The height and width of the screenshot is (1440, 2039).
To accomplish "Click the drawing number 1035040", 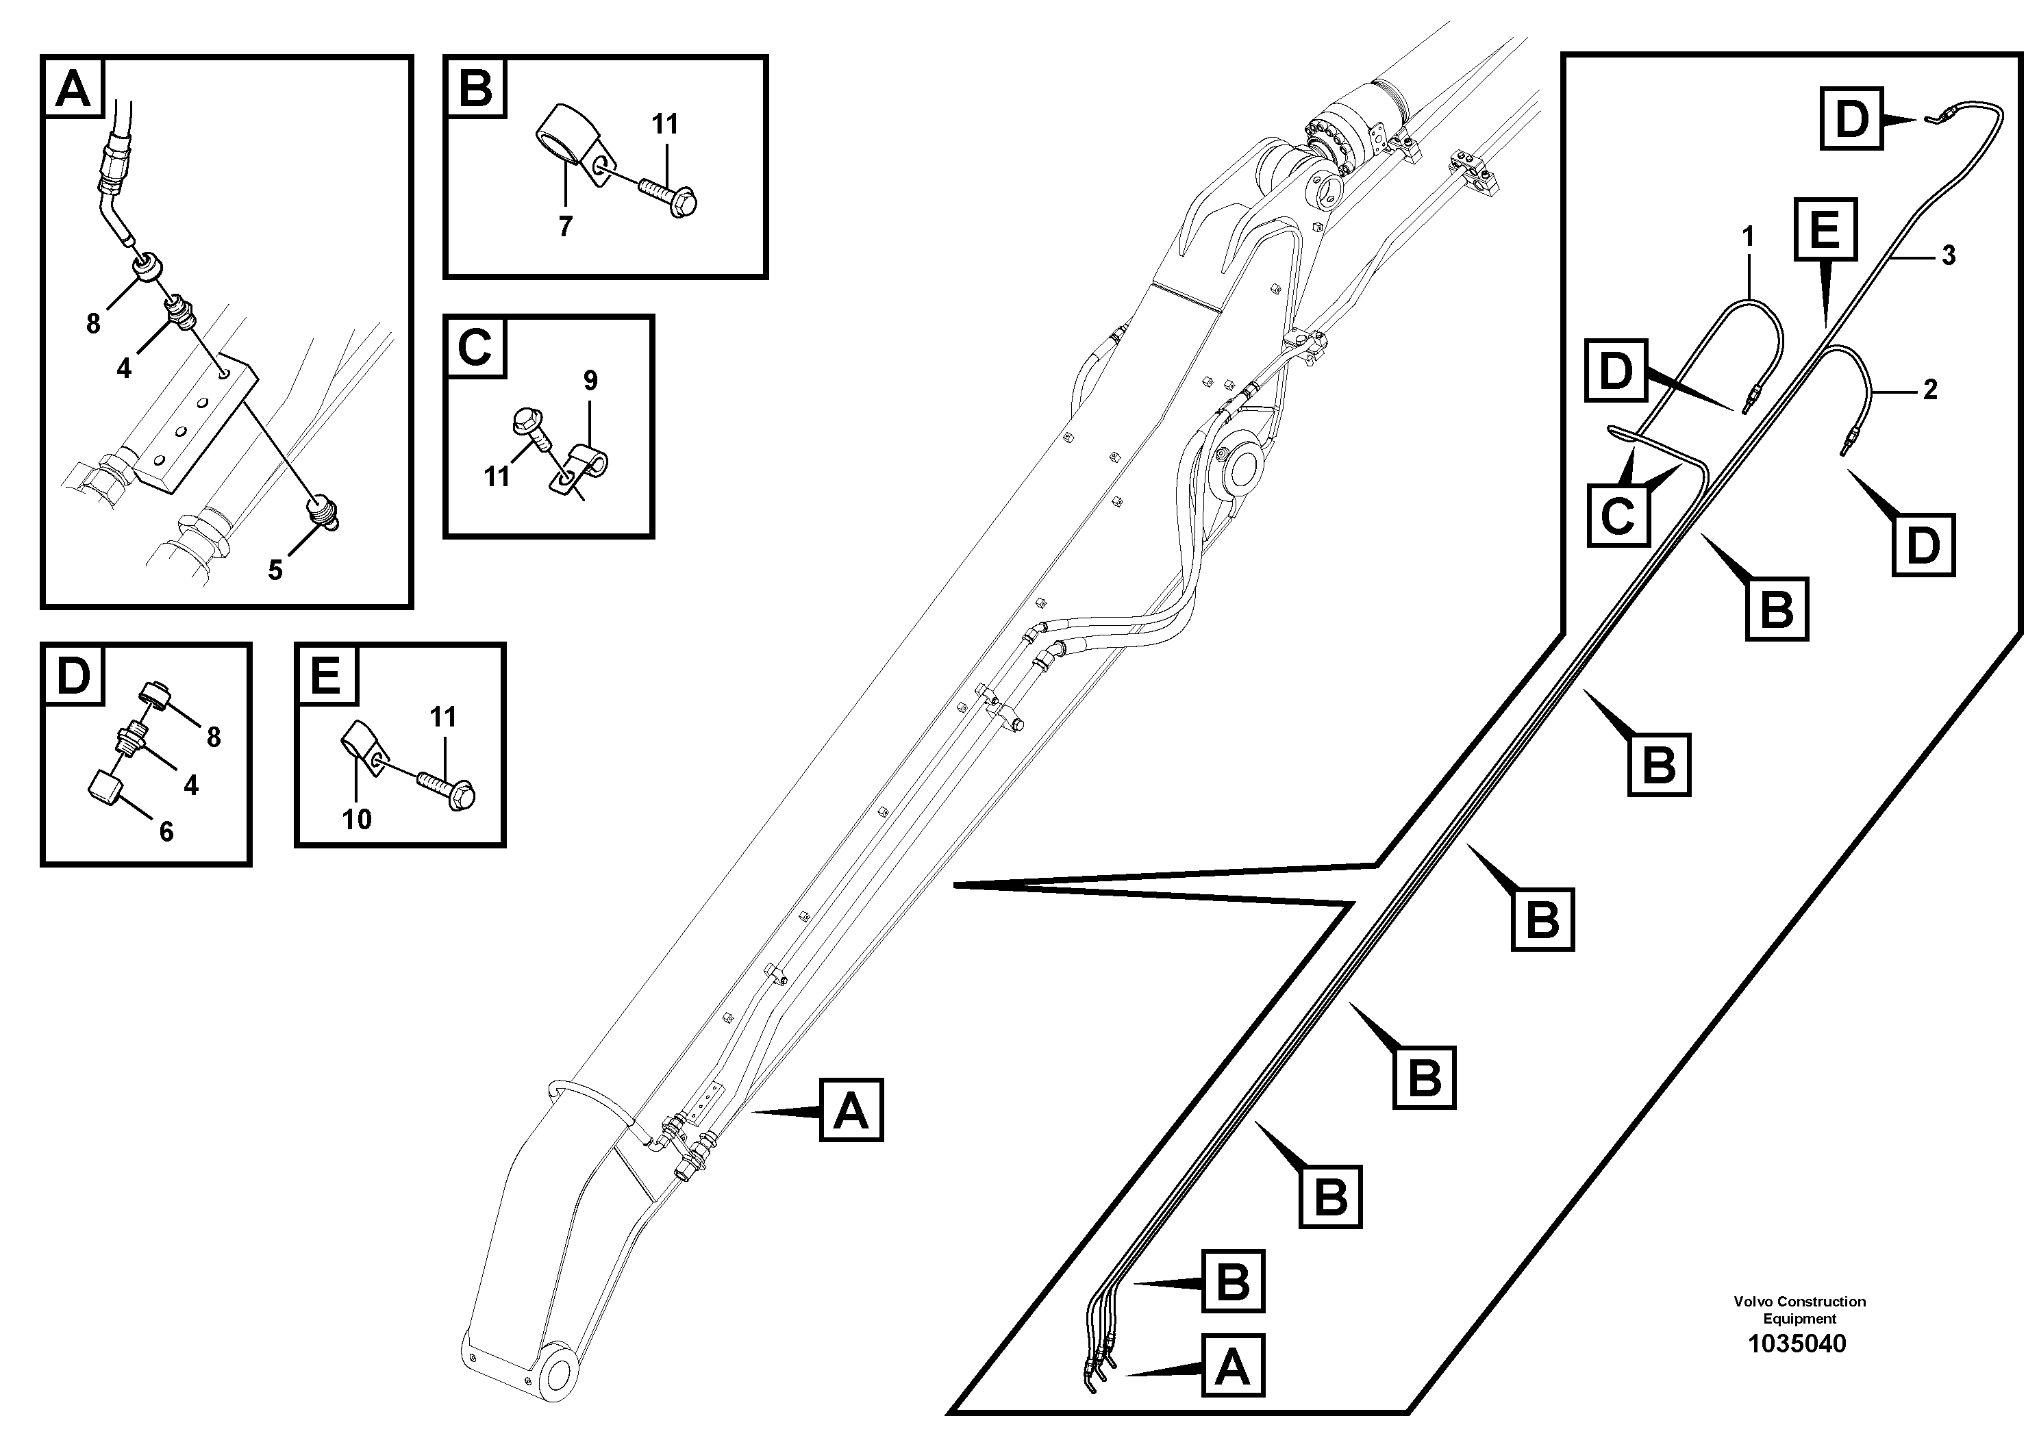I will click(x=1797, y=1344).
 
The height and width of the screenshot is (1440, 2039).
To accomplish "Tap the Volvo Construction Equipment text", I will click(x=1799, y=1309).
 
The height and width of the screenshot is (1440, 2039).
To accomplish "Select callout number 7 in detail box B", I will click(x=566, y=227).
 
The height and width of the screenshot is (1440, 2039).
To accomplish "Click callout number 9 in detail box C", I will click(x=590, y=381).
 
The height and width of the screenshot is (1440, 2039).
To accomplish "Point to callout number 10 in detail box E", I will click(x=357, y=818).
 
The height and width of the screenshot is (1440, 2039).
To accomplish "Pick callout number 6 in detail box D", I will click(x=166, y=831).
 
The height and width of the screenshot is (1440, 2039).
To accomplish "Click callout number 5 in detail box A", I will click(x=275, y=570).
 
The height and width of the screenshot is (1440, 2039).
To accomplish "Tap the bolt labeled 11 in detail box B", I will click(x=668, y=195).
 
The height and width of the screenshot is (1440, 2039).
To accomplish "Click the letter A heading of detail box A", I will click(x=73, y=90).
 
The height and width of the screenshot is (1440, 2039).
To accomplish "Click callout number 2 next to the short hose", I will click(x=1929, y=389).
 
